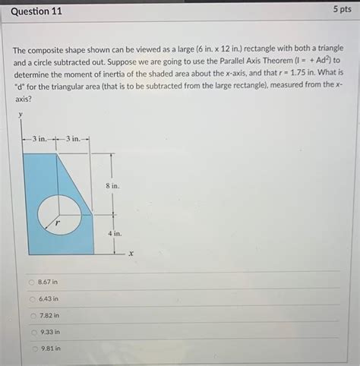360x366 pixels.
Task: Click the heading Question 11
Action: pos(36,11)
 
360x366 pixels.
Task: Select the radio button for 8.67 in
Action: pos(32,282)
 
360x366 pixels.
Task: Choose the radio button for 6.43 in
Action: pos(32,298)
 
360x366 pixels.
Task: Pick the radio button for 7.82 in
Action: pos(32,315)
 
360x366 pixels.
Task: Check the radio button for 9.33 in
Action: pos(32,332)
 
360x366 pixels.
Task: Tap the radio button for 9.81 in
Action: pos(32,349)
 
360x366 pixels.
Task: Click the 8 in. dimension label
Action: pos(112,186)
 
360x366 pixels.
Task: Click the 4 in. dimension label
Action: pos(114,235)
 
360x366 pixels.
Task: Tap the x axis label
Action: pos(131,254)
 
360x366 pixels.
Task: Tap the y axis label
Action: pos(21,115)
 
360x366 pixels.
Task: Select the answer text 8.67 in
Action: pos(48,282)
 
